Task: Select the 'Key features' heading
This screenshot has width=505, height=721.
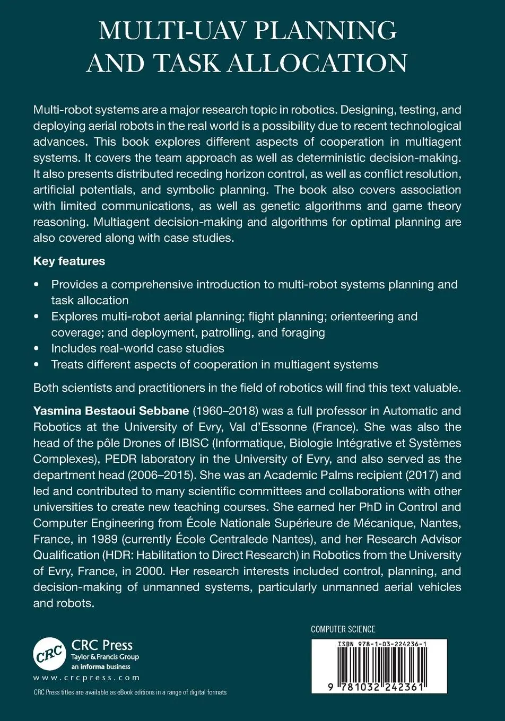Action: point(69,261)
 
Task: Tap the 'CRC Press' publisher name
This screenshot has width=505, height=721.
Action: point(102,645)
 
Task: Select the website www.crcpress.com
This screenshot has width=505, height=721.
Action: point(86,678)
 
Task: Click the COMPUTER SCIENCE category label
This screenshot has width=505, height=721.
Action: point(343,629)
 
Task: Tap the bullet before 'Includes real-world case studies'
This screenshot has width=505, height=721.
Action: point(36,349)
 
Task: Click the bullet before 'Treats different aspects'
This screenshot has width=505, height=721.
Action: point(36,365)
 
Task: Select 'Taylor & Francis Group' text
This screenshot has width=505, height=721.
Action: point(105,657)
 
